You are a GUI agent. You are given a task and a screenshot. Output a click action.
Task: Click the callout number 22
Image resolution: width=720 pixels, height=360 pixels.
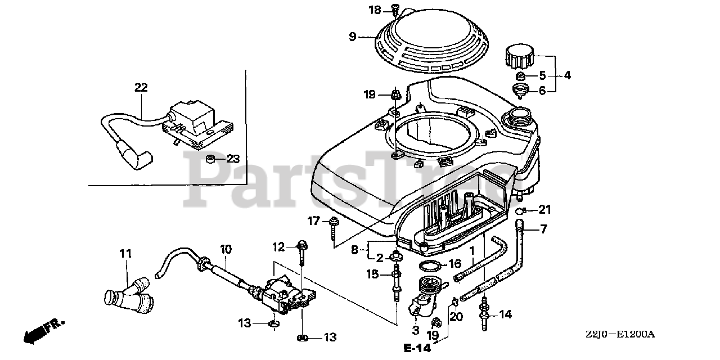point(141,87)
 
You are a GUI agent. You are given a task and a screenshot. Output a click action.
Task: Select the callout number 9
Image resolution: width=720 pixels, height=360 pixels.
point(353,37)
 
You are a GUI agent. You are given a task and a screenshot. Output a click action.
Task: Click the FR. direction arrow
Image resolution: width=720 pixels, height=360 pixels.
point(44,330)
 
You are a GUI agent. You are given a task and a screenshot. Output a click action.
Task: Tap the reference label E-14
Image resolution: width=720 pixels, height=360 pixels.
point(417,348)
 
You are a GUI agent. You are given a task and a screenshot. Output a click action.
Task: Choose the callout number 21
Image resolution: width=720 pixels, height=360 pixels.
point(544,210)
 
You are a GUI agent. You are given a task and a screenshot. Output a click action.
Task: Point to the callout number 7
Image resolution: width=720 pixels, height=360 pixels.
point(543,228)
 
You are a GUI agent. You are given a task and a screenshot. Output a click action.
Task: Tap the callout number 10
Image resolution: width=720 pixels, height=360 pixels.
point(226,248)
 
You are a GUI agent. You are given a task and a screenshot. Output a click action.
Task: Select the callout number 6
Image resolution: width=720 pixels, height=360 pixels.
point(542,90)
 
